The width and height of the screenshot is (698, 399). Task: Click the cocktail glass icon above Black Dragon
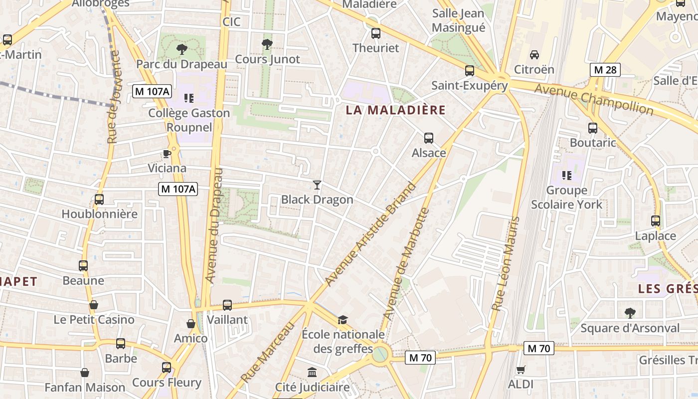click(317, 185)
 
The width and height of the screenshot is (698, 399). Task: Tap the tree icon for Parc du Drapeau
click(182, 49)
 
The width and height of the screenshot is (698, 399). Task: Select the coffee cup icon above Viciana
click(167, 154)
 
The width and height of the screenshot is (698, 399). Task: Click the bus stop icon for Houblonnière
click(99, 199)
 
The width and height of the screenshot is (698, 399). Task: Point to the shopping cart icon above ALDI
click(521, 370)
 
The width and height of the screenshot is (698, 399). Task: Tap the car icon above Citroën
click(534, 54)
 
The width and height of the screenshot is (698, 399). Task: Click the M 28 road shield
click(605, 70)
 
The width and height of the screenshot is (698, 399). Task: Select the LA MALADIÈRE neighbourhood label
click(395, 110)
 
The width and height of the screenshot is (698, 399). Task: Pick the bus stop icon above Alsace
click(428, 138)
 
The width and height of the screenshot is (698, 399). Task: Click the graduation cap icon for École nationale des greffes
click(343, 320)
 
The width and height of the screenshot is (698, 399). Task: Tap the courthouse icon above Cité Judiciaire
click(312, 372)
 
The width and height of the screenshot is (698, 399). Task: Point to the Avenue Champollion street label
click(593, 99)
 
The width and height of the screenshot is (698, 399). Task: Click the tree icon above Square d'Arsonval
click(630, 313)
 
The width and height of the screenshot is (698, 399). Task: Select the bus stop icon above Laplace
click(655, 221)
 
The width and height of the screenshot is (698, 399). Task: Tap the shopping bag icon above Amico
click(190, 324)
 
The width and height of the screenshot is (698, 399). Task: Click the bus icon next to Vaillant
click(227, 305)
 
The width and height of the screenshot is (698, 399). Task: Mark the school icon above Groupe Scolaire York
click(566, 176)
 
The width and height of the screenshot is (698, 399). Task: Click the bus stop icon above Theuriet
click(376, 33)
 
